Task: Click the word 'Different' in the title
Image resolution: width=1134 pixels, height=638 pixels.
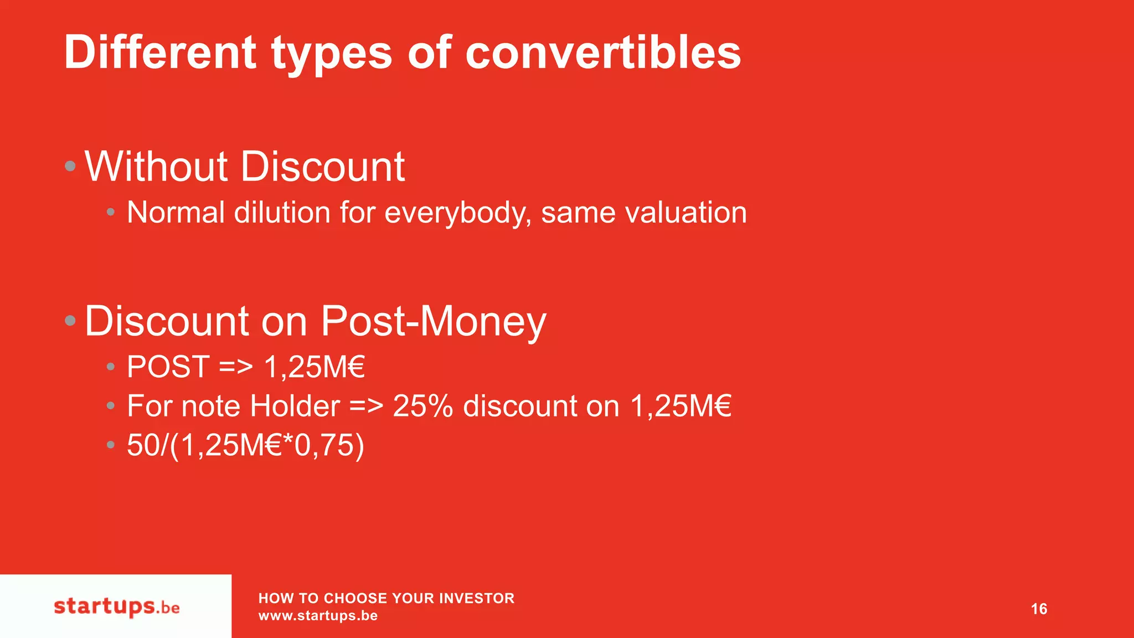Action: tap(160, 52)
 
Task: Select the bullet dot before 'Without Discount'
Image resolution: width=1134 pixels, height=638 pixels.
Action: tap(70, 166)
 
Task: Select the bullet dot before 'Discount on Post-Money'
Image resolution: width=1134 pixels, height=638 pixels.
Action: tap(70, 320)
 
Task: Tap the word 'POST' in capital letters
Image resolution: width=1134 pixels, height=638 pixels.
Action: tap(168, 367)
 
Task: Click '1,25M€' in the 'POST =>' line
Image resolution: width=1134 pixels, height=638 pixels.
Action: tap(315, 367)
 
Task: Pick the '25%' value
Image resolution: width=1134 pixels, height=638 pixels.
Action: tap(422, 406)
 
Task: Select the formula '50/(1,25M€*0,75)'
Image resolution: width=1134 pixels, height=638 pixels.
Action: tap(245, 445)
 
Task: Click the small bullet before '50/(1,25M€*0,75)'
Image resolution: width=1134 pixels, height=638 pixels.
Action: tap(111, 444)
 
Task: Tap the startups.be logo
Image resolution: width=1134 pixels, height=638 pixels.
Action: tap(117, 607)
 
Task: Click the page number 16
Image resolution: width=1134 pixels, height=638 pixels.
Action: tap(1039, 609)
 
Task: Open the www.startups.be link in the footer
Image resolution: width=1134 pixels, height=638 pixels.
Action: tap(318, 616)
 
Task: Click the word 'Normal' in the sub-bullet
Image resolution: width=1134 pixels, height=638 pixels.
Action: tap(176, 213)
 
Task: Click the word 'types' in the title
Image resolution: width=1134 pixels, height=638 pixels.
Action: tap(331, 52)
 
